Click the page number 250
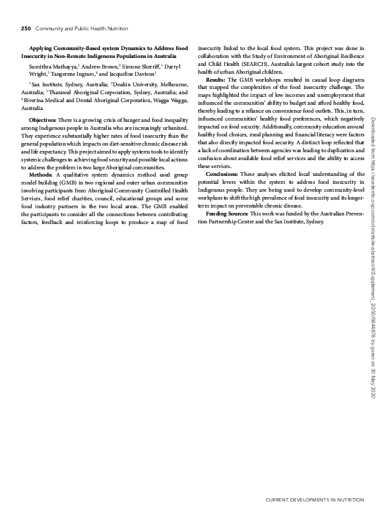click(x=26, y=28)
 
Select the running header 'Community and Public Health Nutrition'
click(x=82, y=28)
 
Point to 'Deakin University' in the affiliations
click(x=137, y=86)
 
